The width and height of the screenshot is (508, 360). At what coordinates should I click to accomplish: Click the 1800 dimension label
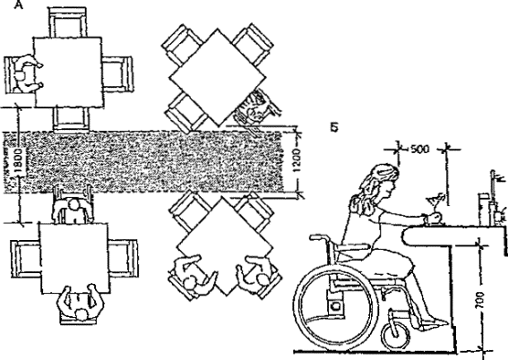click(19, 161)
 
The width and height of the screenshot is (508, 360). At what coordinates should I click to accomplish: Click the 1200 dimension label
click(297, 161)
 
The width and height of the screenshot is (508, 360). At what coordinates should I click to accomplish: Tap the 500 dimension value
click(420, 150)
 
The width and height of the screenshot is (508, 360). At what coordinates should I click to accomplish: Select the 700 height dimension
click(481, 301)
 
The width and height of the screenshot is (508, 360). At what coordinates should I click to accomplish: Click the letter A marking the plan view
click(19, 4)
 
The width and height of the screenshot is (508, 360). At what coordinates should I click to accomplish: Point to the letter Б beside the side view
click(334, 127)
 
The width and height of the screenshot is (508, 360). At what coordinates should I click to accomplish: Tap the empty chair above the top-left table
click(68, 22)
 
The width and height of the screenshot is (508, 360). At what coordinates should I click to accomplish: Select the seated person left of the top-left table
click(24, 74)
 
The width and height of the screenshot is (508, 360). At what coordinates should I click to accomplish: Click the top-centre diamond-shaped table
click(218, 77)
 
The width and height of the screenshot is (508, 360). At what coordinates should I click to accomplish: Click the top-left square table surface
click(69, 72)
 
